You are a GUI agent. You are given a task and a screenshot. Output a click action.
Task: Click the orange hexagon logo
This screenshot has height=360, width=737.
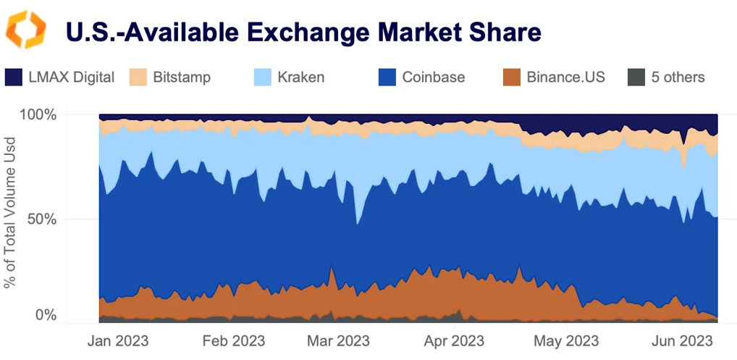[x=26, y=30]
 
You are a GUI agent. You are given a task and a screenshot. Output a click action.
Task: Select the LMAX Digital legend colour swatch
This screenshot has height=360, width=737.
[x=14, y=77]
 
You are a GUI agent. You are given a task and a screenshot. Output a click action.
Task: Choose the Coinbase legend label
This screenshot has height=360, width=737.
[x=434, y=77]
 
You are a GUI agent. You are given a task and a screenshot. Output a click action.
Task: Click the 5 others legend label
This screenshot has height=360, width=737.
[x=678, y=77]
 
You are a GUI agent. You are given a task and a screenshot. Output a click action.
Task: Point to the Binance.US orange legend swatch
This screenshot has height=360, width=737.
[x=512, y=77]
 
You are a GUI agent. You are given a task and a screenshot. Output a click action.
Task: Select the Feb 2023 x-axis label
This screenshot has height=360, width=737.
[x=233, y=340]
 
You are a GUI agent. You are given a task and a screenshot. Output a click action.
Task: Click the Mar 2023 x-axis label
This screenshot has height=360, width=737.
[x=338, y=340]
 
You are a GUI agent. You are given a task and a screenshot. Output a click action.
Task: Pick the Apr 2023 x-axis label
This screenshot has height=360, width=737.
[x=454, y=340]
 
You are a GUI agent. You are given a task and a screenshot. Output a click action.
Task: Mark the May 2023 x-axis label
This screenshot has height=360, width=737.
[x=567, y=340]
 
